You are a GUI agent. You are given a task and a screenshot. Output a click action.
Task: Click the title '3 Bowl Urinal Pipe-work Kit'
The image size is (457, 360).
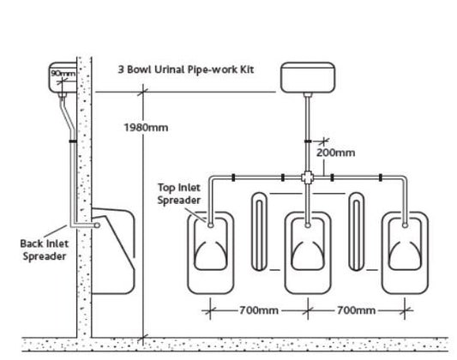click(x=186, y=69)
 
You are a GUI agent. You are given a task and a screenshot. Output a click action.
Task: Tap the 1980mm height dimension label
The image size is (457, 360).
click(x=146, y=128)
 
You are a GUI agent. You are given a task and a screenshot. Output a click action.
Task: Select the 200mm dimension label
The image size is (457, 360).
click(x=336, y=153)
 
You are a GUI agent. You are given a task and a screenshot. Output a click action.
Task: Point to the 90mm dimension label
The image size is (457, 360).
click(x=63, y=73)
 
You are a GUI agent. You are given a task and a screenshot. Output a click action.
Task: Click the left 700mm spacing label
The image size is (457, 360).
click(x=259, y=310)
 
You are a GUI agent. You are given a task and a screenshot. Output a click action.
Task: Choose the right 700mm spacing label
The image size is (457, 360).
click(x=356, y=310)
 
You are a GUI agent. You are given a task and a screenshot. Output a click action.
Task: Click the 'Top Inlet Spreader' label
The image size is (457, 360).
click(x=179, y=194)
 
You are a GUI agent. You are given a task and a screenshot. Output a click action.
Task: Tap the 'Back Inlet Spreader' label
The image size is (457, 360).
click(x=45, y=250)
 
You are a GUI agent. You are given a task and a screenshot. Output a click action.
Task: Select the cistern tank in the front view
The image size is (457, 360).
click(x=308, y=77)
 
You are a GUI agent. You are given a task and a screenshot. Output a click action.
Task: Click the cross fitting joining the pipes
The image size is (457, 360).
click(x=308, y=177)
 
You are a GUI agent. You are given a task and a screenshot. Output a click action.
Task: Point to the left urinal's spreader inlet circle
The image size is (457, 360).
click(x=211, y=225)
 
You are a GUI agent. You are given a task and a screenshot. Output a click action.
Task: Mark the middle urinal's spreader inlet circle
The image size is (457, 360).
click(x=308, y=225)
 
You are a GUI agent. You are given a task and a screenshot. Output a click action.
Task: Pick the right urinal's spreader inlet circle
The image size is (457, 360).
click(x=405, y=225)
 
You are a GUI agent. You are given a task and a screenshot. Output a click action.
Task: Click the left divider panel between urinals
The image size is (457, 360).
click(x=259, y=231)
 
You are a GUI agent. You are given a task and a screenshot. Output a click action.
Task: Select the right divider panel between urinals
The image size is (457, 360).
click(x=356, y=231)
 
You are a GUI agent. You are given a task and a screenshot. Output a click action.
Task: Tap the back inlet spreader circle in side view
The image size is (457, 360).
click(x=98, y=225)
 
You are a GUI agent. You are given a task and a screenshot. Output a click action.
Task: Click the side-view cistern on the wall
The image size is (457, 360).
click(x=63, y=77)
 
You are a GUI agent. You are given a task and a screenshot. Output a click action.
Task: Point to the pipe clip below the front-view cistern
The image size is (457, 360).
click(x=308, y=141)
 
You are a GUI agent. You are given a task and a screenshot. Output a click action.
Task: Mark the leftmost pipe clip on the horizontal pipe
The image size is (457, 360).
click(x=233, y=177)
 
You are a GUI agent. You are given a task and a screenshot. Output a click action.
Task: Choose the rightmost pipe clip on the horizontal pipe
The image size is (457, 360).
click(x=381, y=177)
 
